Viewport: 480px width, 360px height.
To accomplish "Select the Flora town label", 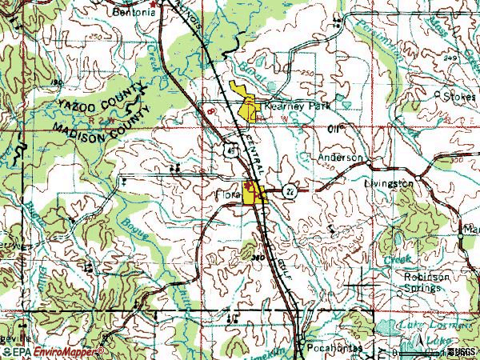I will tap(228, 193).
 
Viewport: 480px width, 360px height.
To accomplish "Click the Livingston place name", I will tap(390, 184).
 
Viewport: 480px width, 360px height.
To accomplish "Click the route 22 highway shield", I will tap(288, 190).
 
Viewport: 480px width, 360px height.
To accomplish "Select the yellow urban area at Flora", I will tap(256, 195).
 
